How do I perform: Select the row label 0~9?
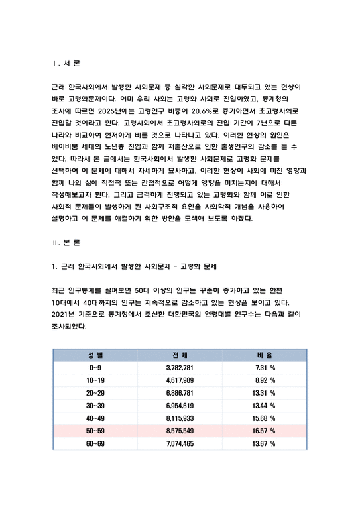click(95, 367)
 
